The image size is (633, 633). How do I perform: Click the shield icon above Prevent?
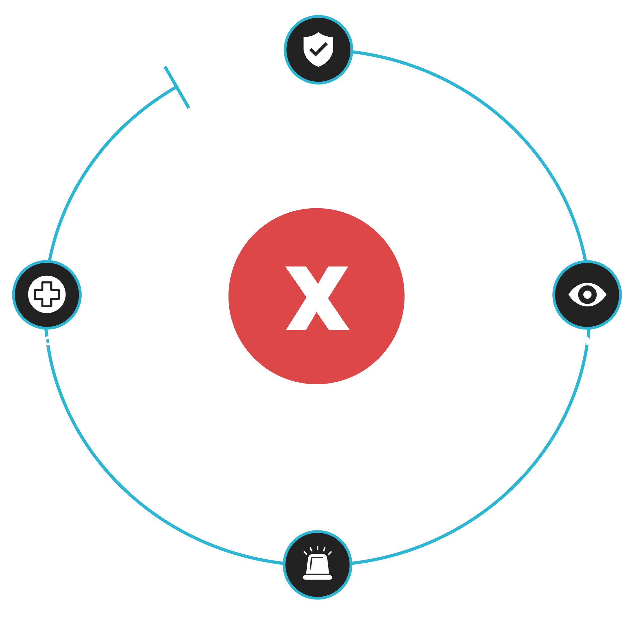pyautogui.click(x=318, y=49)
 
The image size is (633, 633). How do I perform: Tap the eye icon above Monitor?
pyautogui.click(x=587, y=295)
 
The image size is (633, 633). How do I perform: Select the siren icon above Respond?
pyautogui.click(x=317, y=565)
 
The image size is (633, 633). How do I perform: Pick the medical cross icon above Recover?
pyautogui.click(x=47, y=295)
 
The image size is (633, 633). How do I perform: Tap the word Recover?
pyautogui.click(x=47, y=340)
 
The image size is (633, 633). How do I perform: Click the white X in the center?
pyautogui.click(x=317, y=298)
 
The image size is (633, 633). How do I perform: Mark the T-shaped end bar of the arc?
pyautogui.click(x=177, y=87)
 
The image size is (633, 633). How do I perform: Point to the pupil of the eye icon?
pyautogui.click(x=587, y=295)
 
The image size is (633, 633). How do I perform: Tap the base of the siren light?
pyautogui.click(x=317, y=577)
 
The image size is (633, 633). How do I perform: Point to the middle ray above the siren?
pyautogui.click(x=317, y=548)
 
